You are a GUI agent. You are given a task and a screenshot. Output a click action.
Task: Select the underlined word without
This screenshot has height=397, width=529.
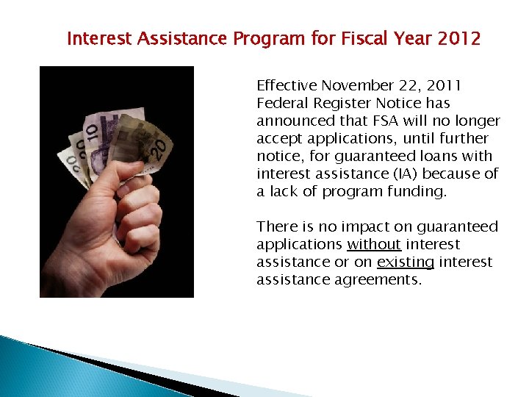[374, 244]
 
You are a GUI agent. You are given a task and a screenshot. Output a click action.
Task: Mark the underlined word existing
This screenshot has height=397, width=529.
[406, 262]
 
